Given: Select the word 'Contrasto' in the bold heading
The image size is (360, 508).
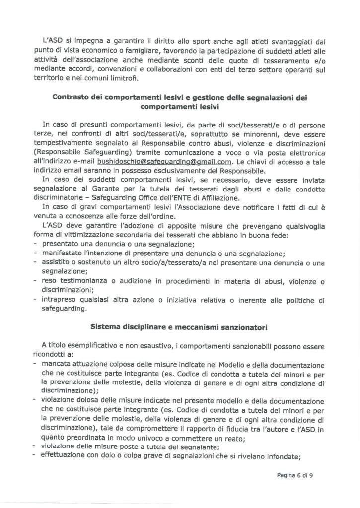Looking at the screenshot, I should [72, 98].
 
